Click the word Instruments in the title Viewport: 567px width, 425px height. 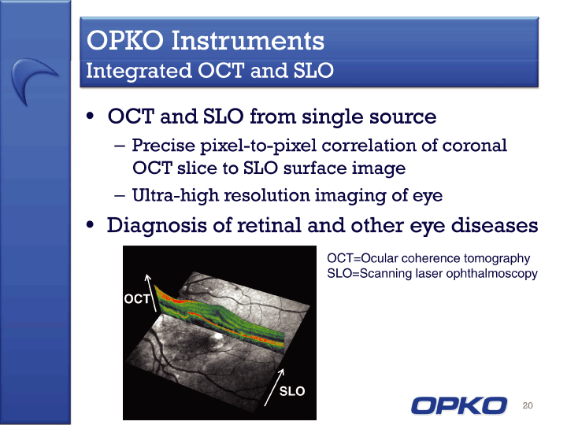[248, 40]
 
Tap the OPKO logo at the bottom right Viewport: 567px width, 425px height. [459, 405]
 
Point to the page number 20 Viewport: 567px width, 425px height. [528, 405]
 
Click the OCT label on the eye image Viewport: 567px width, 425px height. [137, 299]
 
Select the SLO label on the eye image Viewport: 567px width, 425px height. [292, 391]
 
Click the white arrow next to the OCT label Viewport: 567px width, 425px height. [151, 293]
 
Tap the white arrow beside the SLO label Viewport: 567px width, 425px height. [274, 387]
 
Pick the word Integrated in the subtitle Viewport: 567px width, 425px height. [139, 71]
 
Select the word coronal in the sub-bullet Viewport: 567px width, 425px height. [475, 146]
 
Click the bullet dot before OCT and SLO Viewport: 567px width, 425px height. [90, 116]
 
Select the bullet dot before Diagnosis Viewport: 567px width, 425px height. [90, 225]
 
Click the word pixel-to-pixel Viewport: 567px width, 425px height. [258, 146]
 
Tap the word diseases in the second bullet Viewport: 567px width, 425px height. [495, 225]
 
